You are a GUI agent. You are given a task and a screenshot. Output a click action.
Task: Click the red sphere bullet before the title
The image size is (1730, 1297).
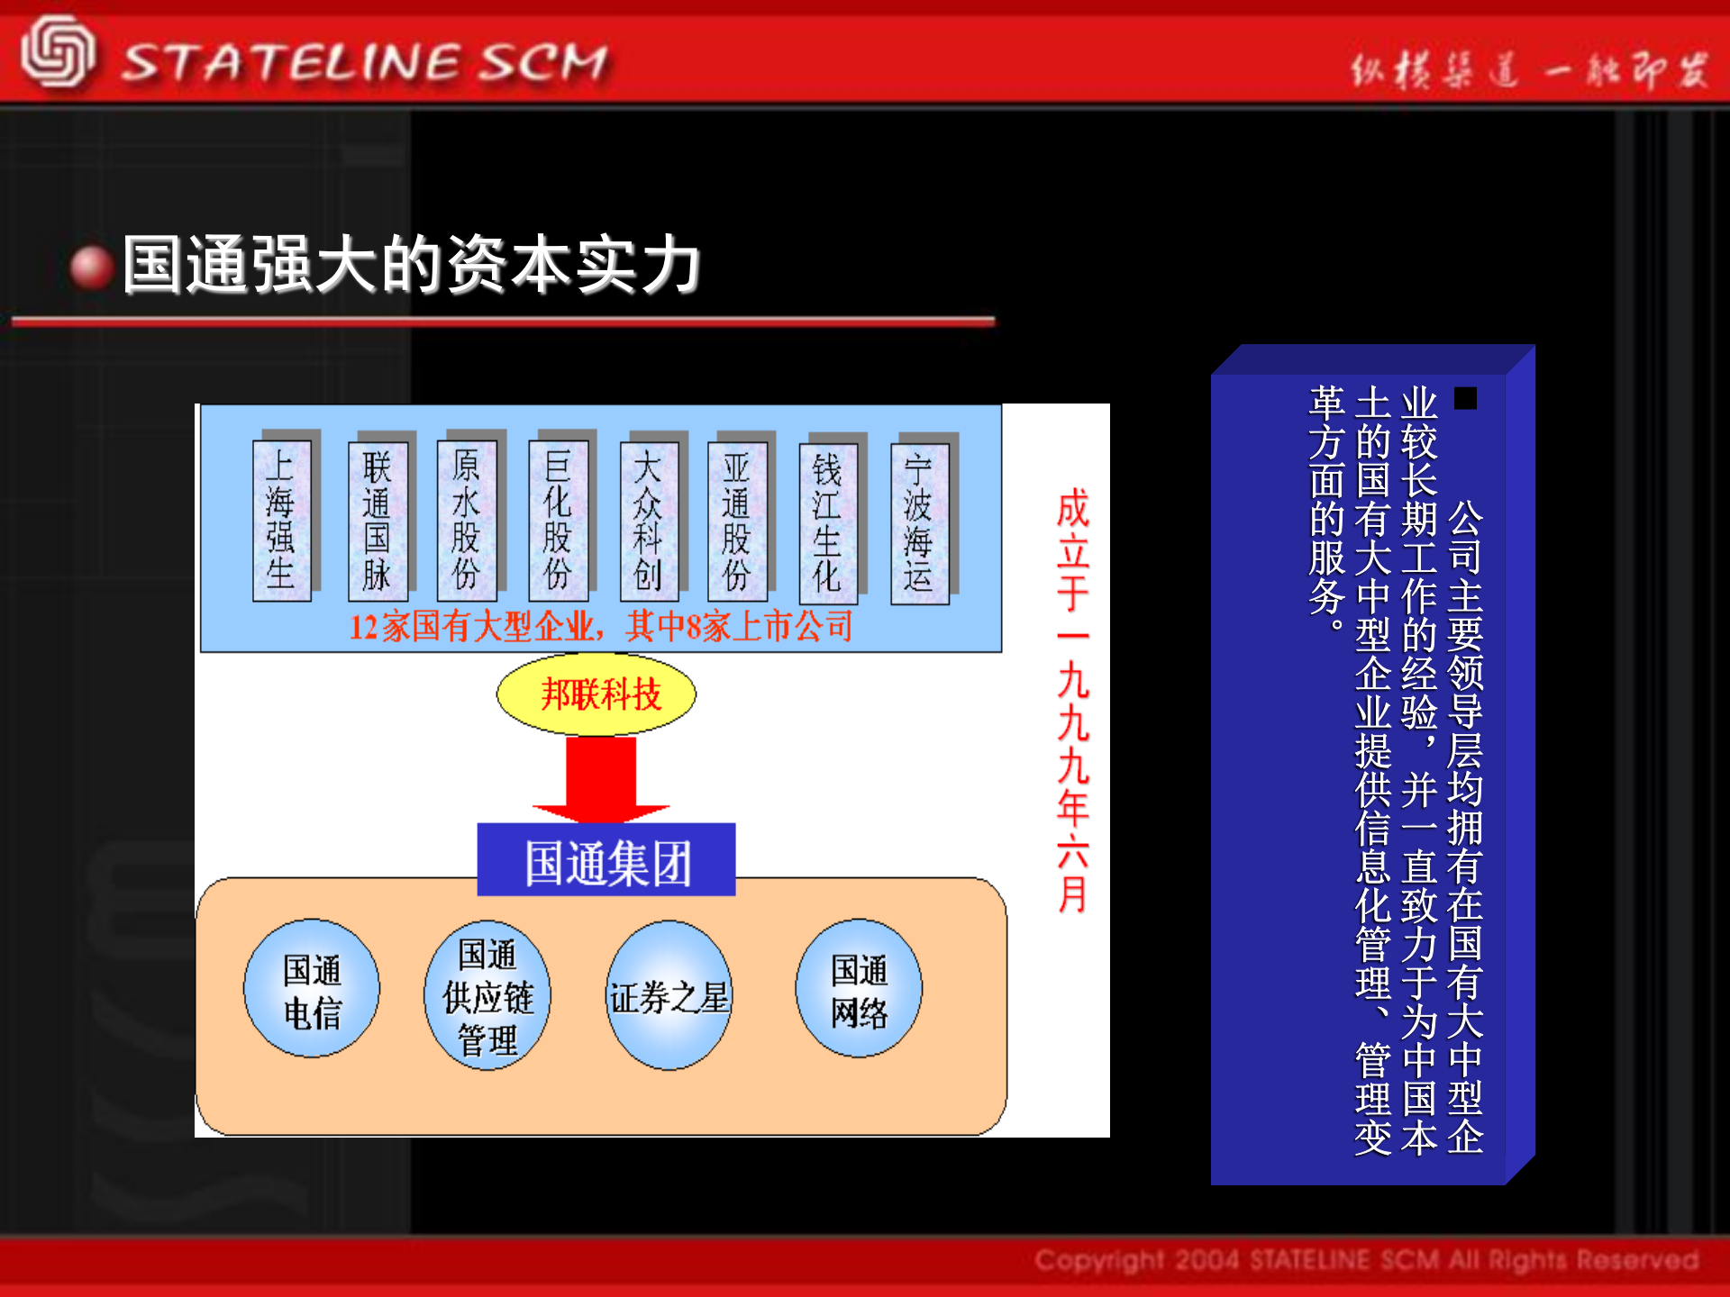pyautogui.click(x=91, y=268)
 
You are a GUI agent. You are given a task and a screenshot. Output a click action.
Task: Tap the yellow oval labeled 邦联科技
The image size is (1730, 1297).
pyautogui.click(x=596, y=694)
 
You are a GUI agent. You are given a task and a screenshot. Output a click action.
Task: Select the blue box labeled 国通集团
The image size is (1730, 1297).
pyautogui.click(x=606, y=861)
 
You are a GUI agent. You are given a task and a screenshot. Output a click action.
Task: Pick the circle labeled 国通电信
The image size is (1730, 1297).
pyautogui.click(x=312, y=989)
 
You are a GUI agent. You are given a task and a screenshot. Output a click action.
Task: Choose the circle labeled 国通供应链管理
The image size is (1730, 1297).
pyautogui.click(x=487, y=995)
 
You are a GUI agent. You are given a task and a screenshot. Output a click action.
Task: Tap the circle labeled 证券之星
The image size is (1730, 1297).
pyautogui.click(x=669, y=995)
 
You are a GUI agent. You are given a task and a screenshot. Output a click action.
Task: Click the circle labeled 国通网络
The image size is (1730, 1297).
pyautogui.click(x=859, y=989)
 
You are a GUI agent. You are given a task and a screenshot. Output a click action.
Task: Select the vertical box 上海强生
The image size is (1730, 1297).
pyautogui.click(x=281, y=521)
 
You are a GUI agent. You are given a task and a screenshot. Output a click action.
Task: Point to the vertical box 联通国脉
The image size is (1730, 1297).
pyautogui.click(x=378, y=521)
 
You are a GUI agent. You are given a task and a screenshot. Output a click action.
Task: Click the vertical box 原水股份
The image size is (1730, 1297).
pyautogui.click(x=466, y=521)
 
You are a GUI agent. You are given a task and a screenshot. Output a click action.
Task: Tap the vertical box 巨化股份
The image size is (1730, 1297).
pyautogui.click(x=558, y=521)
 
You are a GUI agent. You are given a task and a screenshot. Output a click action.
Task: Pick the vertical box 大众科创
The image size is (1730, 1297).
pyautogui.click(x=648, y=521)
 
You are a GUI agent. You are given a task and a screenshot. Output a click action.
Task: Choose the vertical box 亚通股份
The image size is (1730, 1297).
pyautogui.click(x=737, y=521)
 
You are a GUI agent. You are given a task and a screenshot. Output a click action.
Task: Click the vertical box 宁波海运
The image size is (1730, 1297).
pyautogui.click(x=919, y=523)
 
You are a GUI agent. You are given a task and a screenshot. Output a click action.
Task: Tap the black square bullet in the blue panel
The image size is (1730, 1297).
pyautogui.click(x=1466, y=398)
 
